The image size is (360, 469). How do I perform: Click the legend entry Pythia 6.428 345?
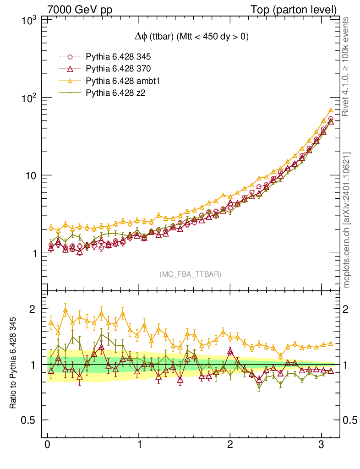click(118, 57)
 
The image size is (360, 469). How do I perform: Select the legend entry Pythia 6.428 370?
click(118, 69)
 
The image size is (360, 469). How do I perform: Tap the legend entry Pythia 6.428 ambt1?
click(121, 81)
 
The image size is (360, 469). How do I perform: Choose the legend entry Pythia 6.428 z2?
click(115, 93)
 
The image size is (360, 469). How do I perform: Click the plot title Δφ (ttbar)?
click(188, 38)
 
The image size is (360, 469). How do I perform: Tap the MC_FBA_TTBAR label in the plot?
click(191, 274)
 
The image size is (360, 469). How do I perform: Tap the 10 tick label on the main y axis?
click(32, 175)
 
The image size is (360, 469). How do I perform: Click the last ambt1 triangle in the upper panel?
click(331, 110)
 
